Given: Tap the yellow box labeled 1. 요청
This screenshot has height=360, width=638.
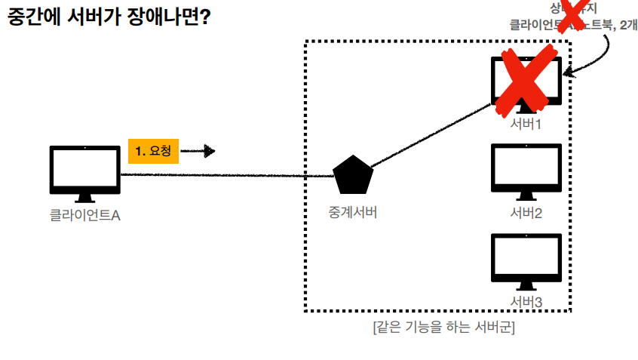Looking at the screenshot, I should (x=153, y=151).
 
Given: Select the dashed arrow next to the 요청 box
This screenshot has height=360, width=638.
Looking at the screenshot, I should (x=198, y=151).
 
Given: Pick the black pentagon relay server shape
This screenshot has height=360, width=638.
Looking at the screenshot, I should (x=353, y=176).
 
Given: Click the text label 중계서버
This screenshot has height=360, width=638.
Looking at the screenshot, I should (x=352, y=212).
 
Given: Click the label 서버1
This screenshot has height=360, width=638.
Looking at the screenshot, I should (x=526, y=124).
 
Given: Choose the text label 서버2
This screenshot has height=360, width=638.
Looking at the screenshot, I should (x=526, y=213).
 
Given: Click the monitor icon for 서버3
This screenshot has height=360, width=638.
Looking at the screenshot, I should (x=526, y=258).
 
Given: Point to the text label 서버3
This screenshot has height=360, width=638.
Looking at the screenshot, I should (x=526, y=302).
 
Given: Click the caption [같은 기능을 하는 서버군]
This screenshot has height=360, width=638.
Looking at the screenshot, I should (x=443, y=328).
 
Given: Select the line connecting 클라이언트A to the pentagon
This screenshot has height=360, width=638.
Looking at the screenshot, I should (x=226, y=175).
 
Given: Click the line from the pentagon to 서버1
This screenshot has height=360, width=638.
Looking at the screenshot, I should (x=430, y=136).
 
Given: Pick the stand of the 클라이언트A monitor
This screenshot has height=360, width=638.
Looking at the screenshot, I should (x=84, y=198).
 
